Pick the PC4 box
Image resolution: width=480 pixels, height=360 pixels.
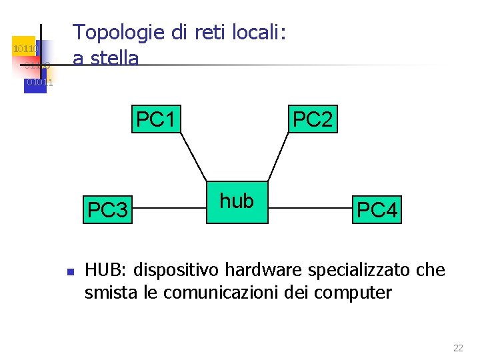(x=377, y=210)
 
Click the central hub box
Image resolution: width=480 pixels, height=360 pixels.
(x=237, y=201)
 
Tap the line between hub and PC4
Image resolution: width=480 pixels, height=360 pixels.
(x=310, y=208)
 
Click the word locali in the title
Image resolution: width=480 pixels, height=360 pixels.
(x=255, y=32)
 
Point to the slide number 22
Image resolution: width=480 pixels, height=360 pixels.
(x=458, y=348)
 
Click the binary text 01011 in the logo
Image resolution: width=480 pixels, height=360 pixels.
(x=39, y=83)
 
